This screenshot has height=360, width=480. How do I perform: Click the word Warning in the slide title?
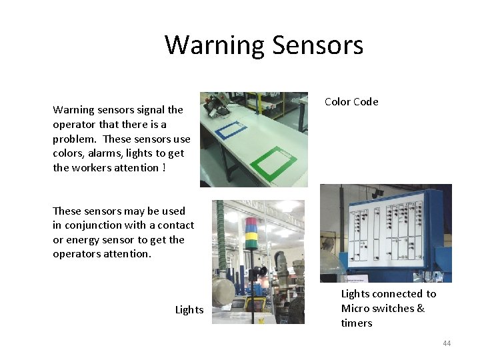pyautogui.click(x=215, y=45)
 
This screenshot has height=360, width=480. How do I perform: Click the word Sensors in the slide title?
pyautogui.click(x=317, y=45)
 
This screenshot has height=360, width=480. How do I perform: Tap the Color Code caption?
pyautogui.click(x=351, y=102)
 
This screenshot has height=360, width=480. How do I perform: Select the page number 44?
pyautogui.click(x=447, y=343)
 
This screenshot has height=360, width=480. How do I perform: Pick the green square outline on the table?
pyautogui.click(x=274, y=161)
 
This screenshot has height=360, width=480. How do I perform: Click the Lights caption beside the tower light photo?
pyautogui.click(x=189, y=310)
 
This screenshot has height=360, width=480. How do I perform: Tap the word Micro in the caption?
pyautogui.click(x=355, y=309)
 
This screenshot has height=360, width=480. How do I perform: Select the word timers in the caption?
pyautogui.click(x=357, y=323)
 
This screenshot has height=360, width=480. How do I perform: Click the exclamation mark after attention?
pyautogui.click(x=164, y=168)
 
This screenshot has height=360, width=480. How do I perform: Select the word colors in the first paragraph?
pyautogui.click(x=68, y=153)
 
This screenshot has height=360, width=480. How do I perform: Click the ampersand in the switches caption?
pyautogui.click(x=421, y=309)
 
